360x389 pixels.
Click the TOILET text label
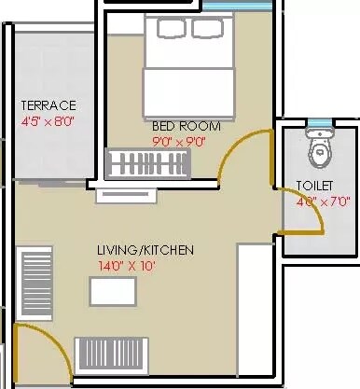[314, 185]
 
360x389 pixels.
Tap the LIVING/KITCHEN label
[145, 250]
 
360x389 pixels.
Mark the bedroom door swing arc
[237, 154]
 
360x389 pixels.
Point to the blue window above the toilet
[319, 122]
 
